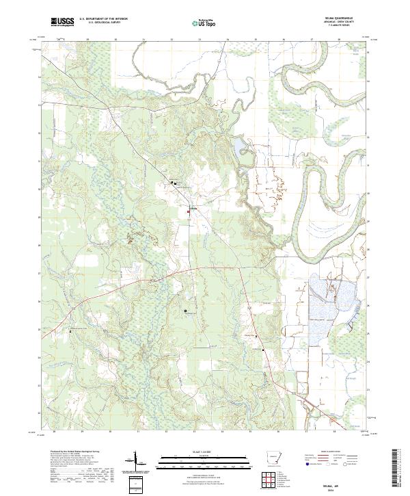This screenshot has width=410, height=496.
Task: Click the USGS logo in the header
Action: (x=62, y=22)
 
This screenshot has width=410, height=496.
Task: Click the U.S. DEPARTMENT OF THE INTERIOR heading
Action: (x=103, y=19)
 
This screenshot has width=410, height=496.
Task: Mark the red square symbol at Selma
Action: (x=189, y=212)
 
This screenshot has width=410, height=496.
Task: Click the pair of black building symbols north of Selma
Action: (x=174, y=183)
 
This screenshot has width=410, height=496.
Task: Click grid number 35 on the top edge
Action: (x=256, y=39)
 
